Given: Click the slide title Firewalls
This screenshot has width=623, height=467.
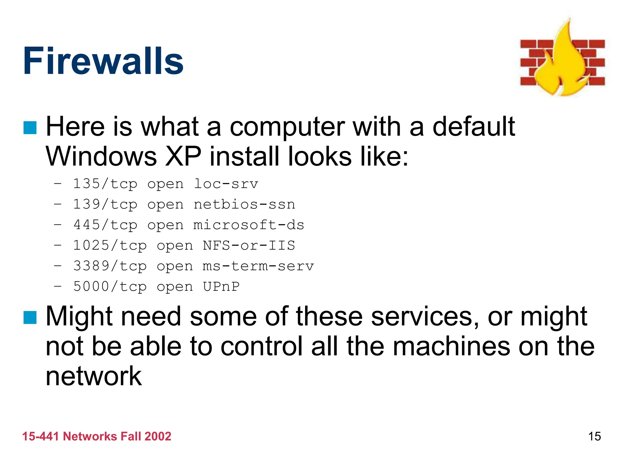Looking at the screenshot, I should click(x=103, y=61).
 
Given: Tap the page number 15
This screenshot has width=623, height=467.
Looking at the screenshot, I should click(x=594, y=436).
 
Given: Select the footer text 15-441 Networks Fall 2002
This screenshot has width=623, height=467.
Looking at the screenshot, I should click(x=97, y=436).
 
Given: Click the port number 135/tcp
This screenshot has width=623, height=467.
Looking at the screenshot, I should click(x=105, y=184).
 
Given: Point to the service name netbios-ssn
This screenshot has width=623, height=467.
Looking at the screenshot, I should click(x=244, y=205).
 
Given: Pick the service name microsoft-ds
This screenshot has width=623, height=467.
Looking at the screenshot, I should click(x=249, y=225).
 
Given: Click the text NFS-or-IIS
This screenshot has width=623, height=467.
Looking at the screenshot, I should click(x=249, y=246).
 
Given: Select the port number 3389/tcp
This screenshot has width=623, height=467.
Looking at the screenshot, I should click(x=110, y=266).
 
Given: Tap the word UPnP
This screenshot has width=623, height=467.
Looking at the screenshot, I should click(x=221, y=287).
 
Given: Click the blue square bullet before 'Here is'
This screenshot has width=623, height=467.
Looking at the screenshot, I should click(x=30, y=128).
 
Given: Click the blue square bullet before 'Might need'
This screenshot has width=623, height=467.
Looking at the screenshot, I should click(x=30, y=317).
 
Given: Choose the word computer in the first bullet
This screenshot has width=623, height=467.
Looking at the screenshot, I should click(x=287, y=127).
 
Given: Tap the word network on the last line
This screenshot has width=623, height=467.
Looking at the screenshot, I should click(x=94, y=376).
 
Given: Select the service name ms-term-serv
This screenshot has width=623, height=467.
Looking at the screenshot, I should click(x=258, y=266).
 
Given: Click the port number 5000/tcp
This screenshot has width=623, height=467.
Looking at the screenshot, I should click(x=110, y=287).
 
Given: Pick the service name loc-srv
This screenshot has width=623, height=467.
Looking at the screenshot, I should click(x=226, y=184).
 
